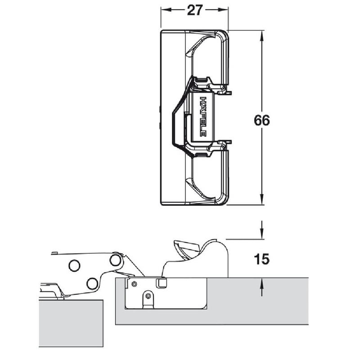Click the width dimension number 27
pyautogui.click(x=195, y=10)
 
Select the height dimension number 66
pyautogui.click(x=262, y=121)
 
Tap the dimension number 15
pyautogui.click(x=261, y=260)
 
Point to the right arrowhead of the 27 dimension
pyautogui.click(x=225, y=10)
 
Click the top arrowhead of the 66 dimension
pyautogui.click(x=261, y=34)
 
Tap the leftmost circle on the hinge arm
pyautogui.click(x=74, y=265)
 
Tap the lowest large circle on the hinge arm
pyautogui.click(x=92, y=283)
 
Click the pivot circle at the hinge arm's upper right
pyautogui.click(x=116, y=260)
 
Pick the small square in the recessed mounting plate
pyautogui.click(x=161, y=283)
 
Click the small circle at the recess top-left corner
pyautogui.click(x=134, y=283)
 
